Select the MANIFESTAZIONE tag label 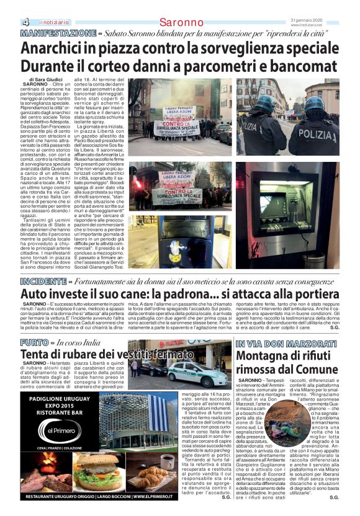click(57, 32)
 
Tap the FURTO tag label click(34, 342)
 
